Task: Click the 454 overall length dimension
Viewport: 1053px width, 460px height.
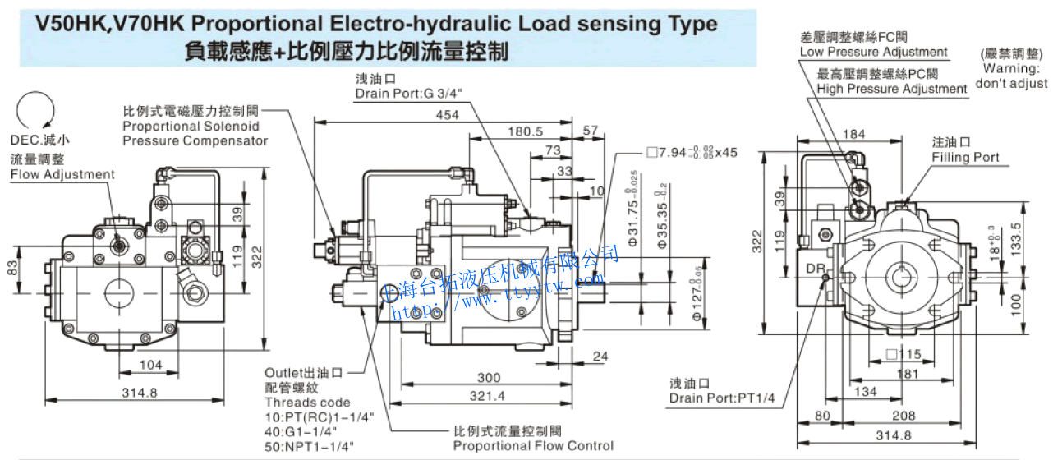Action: [x=447, y=116]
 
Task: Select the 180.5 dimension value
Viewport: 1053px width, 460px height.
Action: [x=526, y=131]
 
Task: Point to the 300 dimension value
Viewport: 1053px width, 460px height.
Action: [x=490, y=377]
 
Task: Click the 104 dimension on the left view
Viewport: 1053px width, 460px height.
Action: [x=150, y=364]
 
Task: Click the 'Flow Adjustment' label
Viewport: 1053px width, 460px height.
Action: [x=62, y=174]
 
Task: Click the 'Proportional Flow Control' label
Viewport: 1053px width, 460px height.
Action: [x=533, y=445]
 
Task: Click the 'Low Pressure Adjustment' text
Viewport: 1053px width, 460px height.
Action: [x=873, y=53]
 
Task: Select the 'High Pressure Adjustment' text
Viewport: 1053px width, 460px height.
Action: [x=892, y=89]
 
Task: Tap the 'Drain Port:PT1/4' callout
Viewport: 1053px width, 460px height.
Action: [x=722, y=398]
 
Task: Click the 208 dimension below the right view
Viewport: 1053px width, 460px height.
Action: [x=904, y=415]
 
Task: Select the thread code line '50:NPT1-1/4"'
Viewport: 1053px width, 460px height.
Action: [x=309, y=446]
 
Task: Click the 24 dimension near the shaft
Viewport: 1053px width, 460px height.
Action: [x=600, y=356]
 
